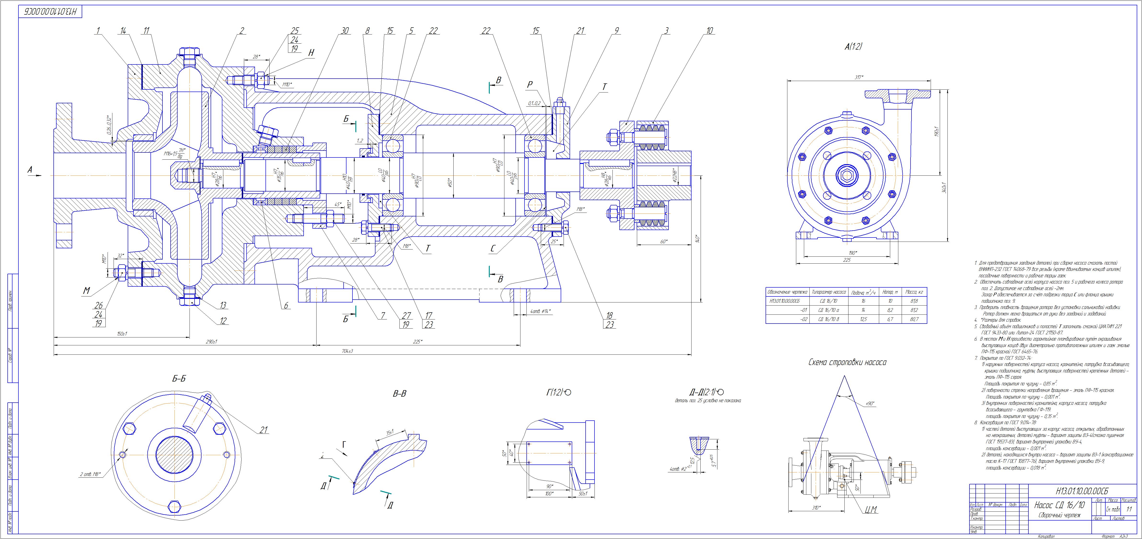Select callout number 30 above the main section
pyautogui.click(x=345, y=31)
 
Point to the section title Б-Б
pyautogui.click(x=179, y=379)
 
